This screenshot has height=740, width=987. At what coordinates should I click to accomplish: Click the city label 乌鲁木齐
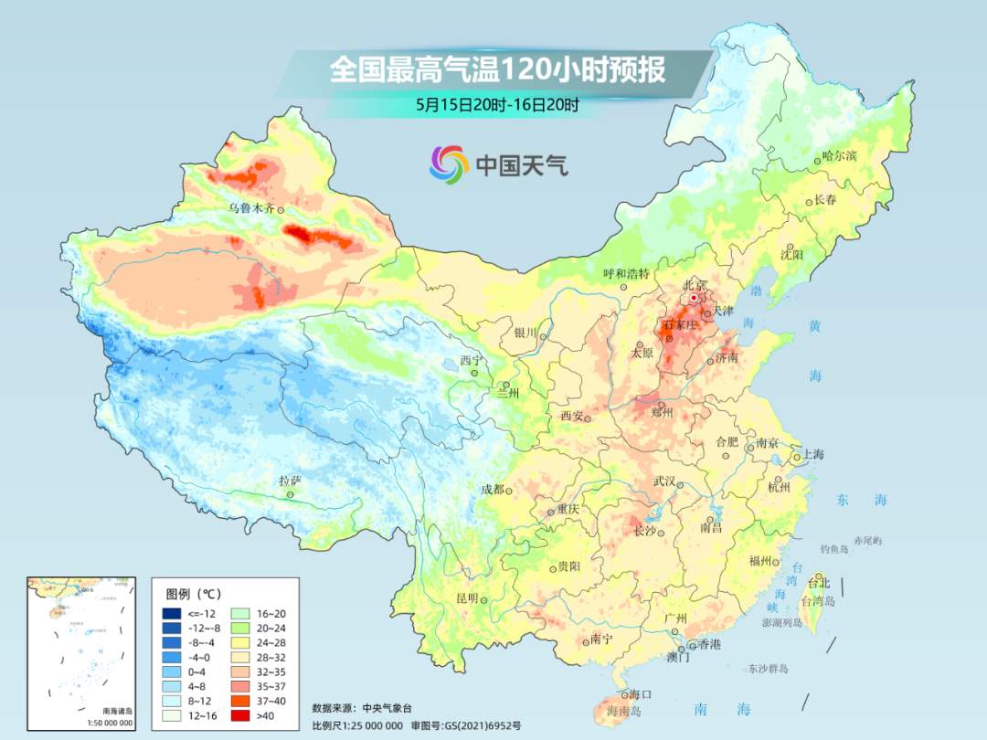coord(250,209)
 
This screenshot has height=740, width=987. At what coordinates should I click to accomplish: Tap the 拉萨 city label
coord(290,481)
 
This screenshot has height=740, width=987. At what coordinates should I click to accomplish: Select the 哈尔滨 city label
coord(839,156)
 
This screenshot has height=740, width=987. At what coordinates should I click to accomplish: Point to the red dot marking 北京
coord(695,298)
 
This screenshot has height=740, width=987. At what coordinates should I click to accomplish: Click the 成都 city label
coord(492,490)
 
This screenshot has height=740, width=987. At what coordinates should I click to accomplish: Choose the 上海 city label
coord(812,455)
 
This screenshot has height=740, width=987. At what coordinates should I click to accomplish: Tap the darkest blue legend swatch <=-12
coord(171,613)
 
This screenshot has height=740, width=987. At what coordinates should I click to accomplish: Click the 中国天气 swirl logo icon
coord(449,164)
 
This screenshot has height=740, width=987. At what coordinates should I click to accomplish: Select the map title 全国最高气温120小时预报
coord(497,70)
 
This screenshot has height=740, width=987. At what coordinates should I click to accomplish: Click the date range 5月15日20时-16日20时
coord(497,105)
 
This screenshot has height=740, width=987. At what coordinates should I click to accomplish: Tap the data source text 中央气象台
coord(387,707)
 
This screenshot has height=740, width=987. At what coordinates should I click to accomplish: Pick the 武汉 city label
coord(664,481)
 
